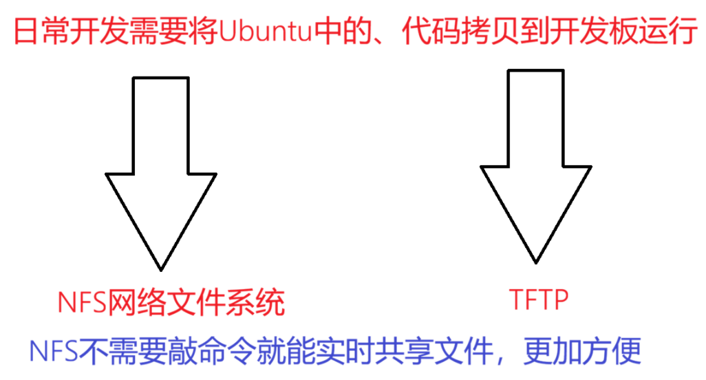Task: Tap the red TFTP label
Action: tap(537, 300)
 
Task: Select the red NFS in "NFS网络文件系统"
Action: tap(81, 302)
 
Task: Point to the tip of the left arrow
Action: tap(162, 268)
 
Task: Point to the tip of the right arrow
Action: tap(535, 262)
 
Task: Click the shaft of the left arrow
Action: tap(161, 124)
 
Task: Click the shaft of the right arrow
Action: tap(535, 117)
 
